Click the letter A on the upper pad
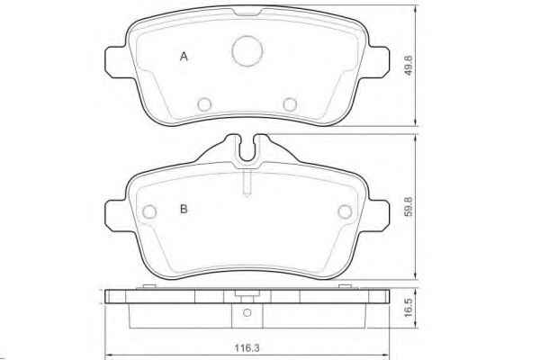pyautogui.click(x=184, y=57)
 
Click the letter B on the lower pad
pyautogui.click(x=184, y=209)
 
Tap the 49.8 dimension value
pyautogui.click(x=409, y=66)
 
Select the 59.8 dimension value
pyautogui.click(x=409, y=207)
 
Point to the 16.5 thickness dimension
pyautogui.click(x=409, y=308)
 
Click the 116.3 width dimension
pyautogui.click(x=247, y=348)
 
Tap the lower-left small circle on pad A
pyautogui.click(x=204, y=104)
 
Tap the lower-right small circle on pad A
pyautogui.click(x=290, y=104)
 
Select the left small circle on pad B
pyautogui.click(x=149, y=211)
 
